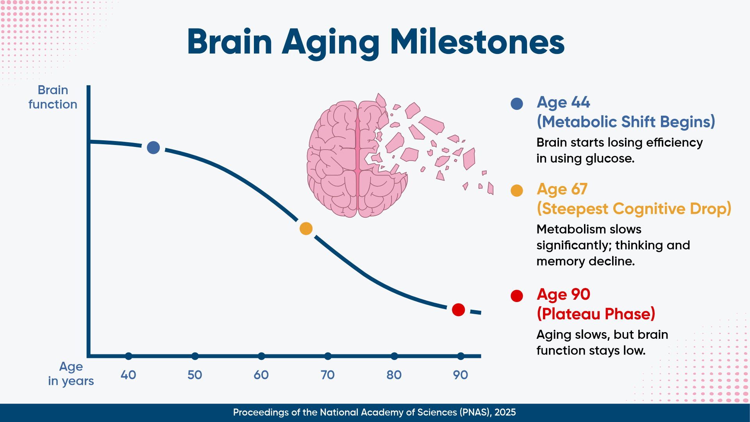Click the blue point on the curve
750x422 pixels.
[x=153, y=147]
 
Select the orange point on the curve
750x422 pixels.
[x=306, y=229]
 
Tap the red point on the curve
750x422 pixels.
[x=458, y=310]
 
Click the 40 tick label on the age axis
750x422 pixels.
[x=128, y=375]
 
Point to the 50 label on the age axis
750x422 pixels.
[x=195, y=375]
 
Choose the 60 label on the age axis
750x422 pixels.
[x=261, y=375]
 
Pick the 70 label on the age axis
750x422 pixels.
[x=328, y=375]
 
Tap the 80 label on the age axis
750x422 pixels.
[x=394, y=375]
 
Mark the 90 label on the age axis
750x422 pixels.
[x=461, y=375]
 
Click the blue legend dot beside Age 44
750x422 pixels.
[x=517, y=104]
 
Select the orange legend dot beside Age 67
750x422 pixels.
[x=517, y=191]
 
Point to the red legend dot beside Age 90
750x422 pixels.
[x=517, y=296]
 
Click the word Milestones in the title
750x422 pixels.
[x=477, y=42]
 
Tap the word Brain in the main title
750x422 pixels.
[x=230, y=42]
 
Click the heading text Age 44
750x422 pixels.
[x=563, y=103]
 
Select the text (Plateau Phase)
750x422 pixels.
[x=596, y=314]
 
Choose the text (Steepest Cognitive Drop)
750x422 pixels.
[x=634, y=209]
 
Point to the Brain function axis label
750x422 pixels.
[x=53, y=97]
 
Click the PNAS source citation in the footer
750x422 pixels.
[x=375, y=413]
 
